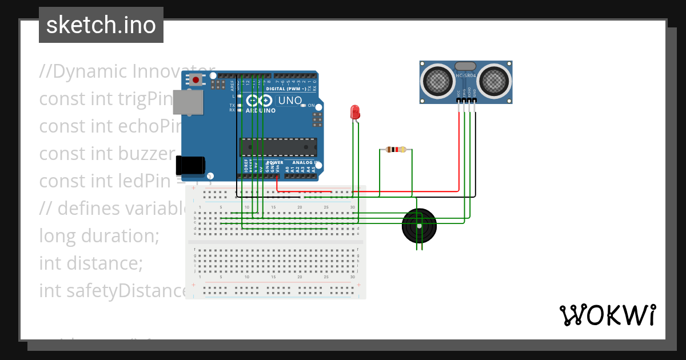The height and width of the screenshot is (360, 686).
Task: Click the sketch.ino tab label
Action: click(101, 25)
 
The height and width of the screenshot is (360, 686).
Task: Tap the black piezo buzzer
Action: click(419, 226)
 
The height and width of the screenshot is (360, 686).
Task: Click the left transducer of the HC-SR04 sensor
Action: click(437, 81)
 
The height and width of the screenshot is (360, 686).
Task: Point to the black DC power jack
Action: click(190, 165)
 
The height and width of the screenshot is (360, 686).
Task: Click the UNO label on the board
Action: click(290, 101)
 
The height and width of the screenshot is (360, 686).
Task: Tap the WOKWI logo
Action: click(607, 315)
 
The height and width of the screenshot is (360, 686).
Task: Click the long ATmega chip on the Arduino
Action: click(278, 147)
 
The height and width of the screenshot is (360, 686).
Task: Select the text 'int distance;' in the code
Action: click(90, 263)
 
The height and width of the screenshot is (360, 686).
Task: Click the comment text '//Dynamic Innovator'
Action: click(114, 71)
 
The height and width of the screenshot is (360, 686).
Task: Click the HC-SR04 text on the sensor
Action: click(465, 75)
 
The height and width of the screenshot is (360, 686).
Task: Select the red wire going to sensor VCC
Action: click(459, 149)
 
